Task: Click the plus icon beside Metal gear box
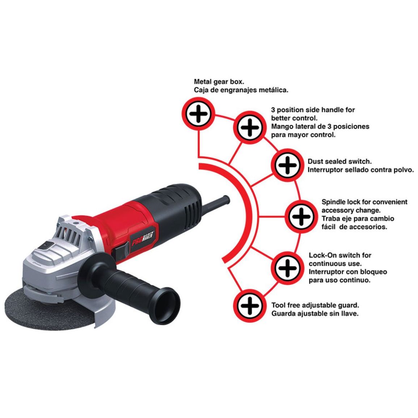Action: [x=198, y=114]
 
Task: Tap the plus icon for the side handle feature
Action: [x=249, y=127]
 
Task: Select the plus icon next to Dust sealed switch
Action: [x=287, y=165]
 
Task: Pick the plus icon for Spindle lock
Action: [x=301, y=216]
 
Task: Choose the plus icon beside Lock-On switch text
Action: [x=287, y=267]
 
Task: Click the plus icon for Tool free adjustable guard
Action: [x=249, y=306]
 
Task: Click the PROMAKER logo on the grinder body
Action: [x=143, y=238]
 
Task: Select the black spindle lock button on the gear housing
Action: [x=46, y=245]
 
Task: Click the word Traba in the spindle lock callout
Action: [x=330, y=219]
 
